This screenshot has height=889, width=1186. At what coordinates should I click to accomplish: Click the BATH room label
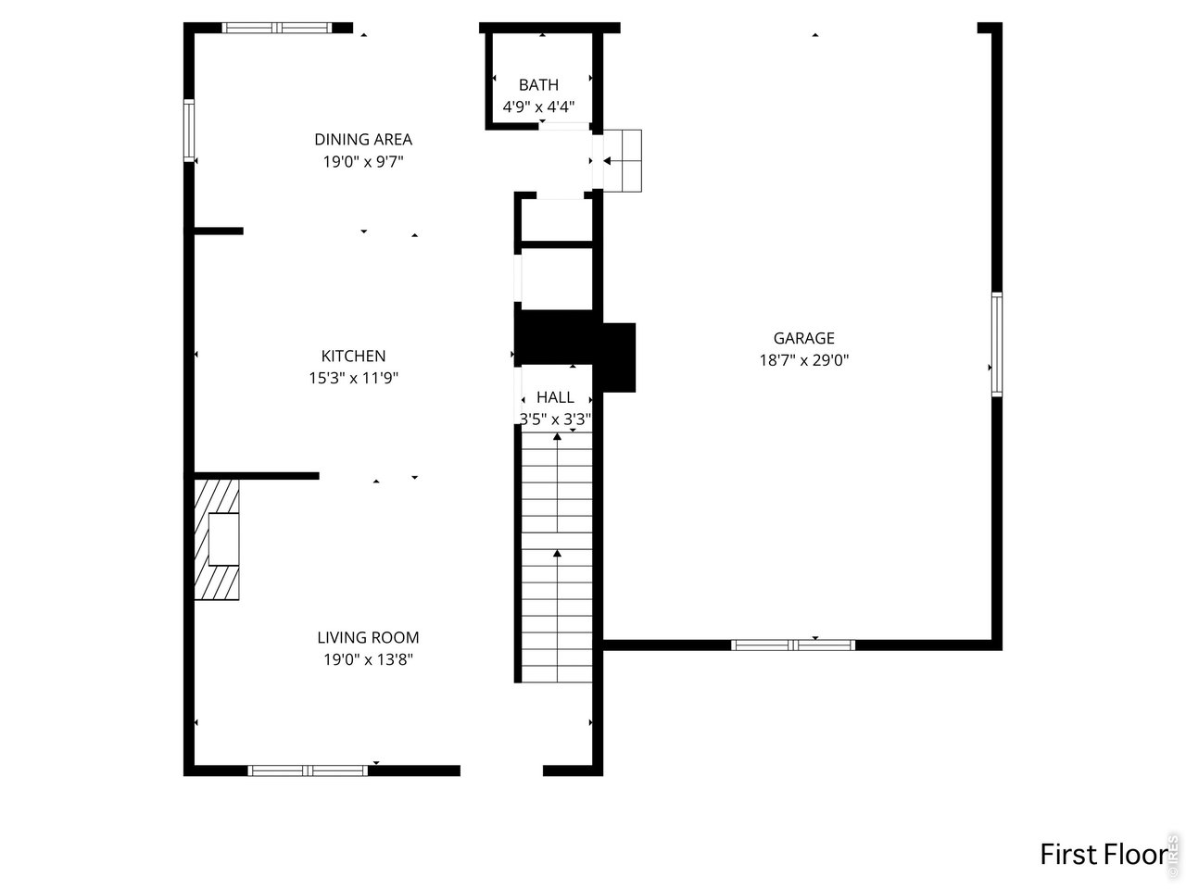point(538,84)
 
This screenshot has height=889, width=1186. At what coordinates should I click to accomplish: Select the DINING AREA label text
point(363,140)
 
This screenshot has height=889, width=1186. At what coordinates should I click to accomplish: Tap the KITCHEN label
point(353,356)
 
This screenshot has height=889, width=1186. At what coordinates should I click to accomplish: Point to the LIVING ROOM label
point(368,637)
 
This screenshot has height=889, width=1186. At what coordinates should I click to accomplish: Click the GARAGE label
point(803,338)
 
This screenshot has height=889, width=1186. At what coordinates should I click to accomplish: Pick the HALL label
point(555,397)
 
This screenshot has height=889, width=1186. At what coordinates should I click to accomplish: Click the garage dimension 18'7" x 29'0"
point(803,360)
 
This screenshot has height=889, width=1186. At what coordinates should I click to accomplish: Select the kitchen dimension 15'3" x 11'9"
point(353,378)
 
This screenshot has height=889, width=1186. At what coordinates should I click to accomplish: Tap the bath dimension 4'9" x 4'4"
point(538,106)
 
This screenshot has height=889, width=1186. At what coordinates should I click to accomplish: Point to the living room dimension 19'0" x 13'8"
point(368,659)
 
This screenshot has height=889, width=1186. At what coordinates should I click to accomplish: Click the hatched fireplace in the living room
point(217,538)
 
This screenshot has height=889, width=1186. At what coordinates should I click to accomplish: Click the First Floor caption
point(1103,853)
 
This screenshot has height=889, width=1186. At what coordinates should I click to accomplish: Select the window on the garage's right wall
point(997,344)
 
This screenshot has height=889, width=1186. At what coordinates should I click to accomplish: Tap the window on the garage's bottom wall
point(793,645)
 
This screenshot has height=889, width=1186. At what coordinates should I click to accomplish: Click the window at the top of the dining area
point(278,28)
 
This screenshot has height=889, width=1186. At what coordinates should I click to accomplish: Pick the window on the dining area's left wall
point(189,131)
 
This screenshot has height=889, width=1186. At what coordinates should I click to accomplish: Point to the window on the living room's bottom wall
point(309,770)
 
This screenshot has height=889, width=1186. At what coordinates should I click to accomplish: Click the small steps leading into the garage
point(622,160)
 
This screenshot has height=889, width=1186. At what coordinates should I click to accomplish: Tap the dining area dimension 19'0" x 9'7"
point(363,162)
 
